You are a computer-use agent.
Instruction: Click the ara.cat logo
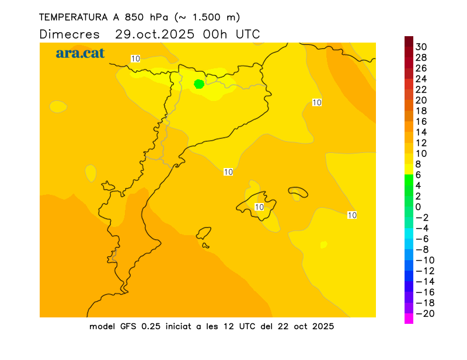point(80,53)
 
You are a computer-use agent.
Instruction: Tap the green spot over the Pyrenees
point(198,84)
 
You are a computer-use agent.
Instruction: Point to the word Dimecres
point(69,34)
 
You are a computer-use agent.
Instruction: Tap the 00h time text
point(216,34)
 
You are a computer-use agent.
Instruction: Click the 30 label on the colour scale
point(421,47)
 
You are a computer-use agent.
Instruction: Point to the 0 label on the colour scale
point(418,207)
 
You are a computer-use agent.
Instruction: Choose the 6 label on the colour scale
point(418,174)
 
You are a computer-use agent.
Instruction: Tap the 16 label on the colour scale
point(421,121)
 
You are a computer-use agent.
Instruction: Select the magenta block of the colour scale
point(409,319)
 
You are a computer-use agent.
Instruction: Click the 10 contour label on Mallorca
point(260,207)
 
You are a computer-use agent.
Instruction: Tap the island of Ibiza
point(204,234)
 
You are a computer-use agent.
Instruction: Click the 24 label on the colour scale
point(421,79)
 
